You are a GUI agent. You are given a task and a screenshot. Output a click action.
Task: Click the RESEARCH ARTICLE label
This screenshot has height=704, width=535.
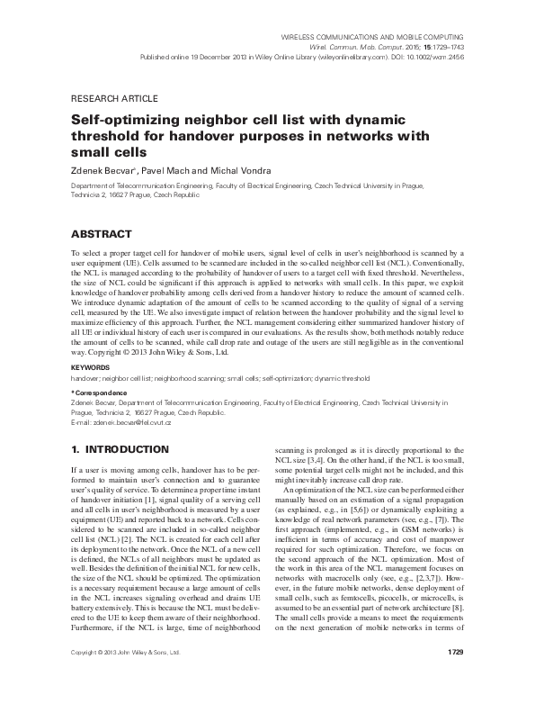point(113,97)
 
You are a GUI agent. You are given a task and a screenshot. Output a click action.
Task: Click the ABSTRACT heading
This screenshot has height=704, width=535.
point(101,230)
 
